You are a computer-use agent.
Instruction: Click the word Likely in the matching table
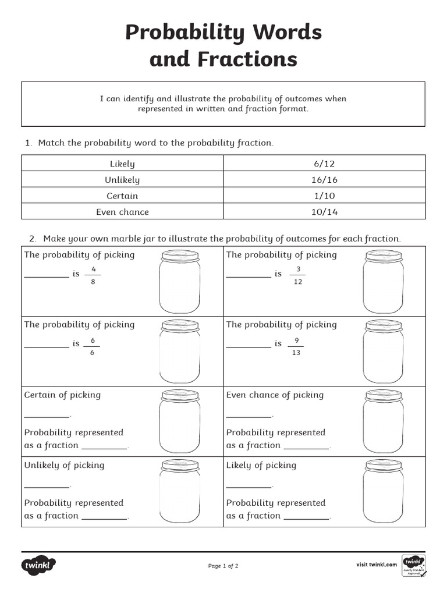(x=122, y=164)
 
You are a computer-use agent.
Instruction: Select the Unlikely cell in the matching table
(x=122, y=180)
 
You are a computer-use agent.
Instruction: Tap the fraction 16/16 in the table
(x=324, y=180)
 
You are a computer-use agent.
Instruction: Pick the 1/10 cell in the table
(x=324, y=196)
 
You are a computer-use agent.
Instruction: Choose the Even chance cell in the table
(x=122, y=212)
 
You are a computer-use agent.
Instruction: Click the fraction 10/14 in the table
(x=324, y=212)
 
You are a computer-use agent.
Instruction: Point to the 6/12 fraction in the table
(x=324, y=164)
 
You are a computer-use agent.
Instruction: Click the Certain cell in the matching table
(x=122, y=196)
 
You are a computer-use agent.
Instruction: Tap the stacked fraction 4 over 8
(x=93, y=275)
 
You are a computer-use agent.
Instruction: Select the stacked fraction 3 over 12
(x=298, y=275)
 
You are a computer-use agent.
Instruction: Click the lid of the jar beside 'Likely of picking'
(x=383, y=466)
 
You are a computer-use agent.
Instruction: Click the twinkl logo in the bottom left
(x=39, y=565)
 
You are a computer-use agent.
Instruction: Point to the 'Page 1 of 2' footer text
(x=223, y=566)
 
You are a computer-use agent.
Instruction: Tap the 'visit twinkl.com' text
(x=377, y=565)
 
